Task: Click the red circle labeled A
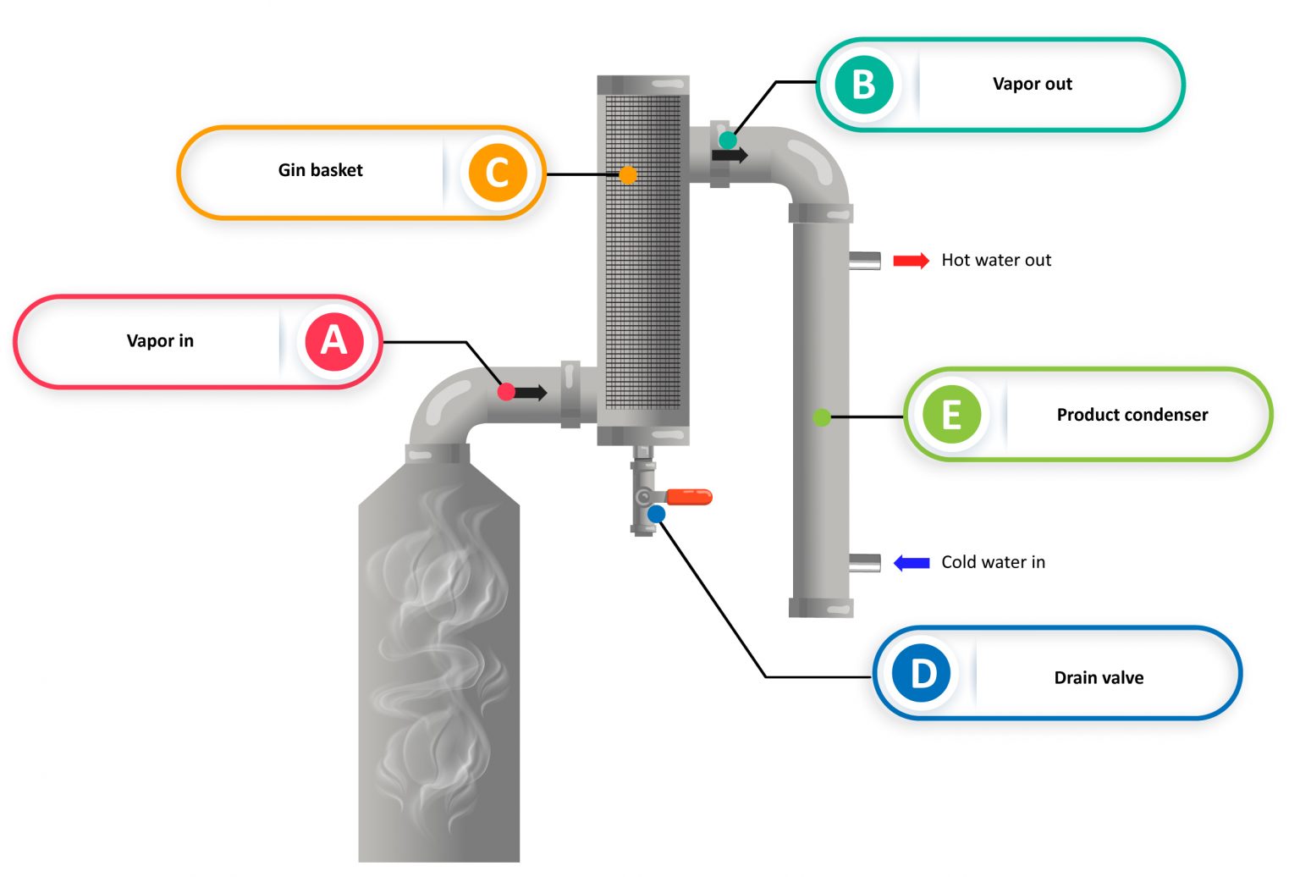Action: pos(334,341)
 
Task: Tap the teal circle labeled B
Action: pos(863,85)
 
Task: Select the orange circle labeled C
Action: pos(498,173)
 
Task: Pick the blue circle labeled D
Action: pos(922,674)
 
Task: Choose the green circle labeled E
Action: pos(951,415)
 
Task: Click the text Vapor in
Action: pos(160,341)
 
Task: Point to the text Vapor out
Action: pos(1032,84)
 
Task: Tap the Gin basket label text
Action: pos(320,170)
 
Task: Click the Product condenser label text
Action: pos(1132,415)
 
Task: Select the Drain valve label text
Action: pos(1099,678)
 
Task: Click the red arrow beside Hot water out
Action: pos(911,261)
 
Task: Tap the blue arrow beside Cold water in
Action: pos(912,563)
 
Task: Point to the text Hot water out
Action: pos(996,261)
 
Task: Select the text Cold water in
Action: pos(993,562)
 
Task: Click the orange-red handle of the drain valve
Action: pos(689,497)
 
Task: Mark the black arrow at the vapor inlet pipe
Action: pos(531,393)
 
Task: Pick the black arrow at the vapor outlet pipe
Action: pos(730,155)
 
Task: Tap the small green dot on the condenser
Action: pos(822,417)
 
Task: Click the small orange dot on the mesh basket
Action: pos(627,175)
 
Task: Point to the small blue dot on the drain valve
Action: pos(656,515)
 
